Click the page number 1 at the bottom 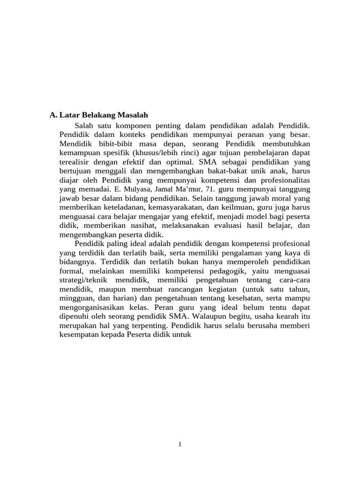click(x=180, y=444)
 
